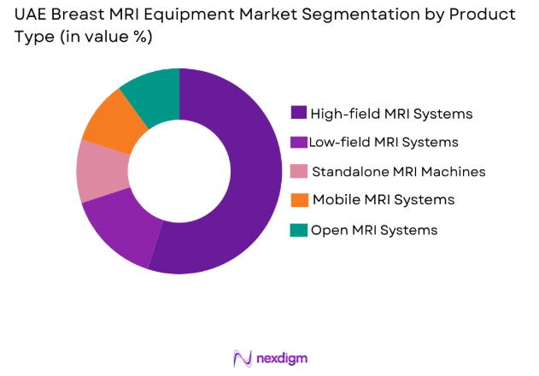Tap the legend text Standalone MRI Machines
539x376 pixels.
coord(398,171)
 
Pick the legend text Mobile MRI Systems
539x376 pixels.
coord(383,200)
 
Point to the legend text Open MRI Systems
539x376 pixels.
coord(374,229)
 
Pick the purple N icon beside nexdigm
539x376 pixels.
coord(242,357)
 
